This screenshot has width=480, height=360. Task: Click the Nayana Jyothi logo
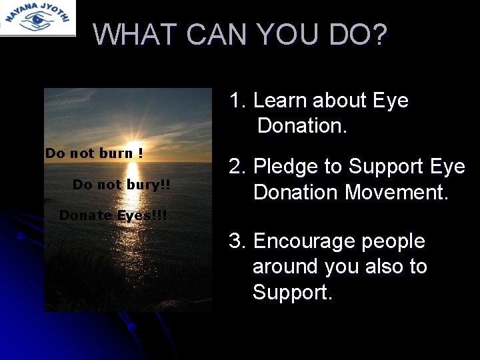[x=37, y=17]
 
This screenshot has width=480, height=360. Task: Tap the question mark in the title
[x=380, y=35]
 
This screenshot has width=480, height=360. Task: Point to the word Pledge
[x=291, y=166]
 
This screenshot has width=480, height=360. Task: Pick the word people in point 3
[x=395, y=241]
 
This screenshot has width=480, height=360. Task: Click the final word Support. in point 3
[x=292, y=291]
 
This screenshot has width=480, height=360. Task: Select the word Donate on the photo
[x=86, y=215]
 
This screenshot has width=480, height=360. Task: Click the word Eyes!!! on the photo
[x=142, y=215]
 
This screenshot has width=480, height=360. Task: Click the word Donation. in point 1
[x=302, y=125]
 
